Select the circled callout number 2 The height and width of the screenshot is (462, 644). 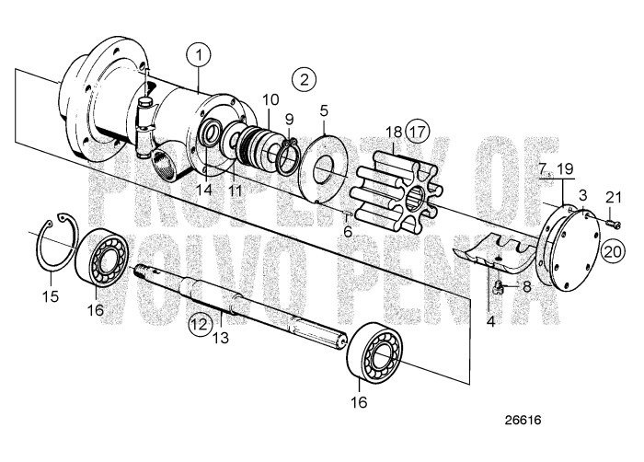304,79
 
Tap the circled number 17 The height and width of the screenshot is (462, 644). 418,131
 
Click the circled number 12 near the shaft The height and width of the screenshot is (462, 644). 200,323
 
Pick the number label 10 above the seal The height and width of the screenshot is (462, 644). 269,99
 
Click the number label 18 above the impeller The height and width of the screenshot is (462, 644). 392,132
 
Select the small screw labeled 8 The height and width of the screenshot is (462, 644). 497,288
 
